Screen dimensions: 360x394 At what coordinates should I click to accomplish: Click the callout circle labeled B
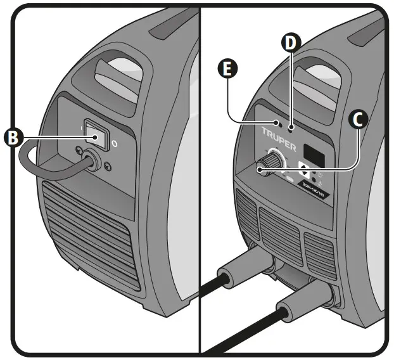point(12,136)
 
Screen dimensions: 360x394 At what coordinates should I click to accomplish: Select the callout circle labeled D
point(290,43)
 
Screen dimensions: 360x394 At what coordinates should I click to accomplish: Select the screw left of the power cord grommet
point(77,151)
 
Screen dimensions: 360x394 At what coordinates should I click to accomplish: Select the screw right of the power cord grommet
point(107,167)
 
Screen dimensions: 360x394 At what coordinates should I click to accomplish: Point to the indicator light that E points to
point(277,121)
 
